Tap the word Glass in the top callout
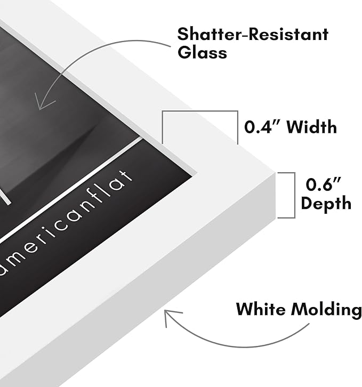pyautogui.click(x=202, y=52)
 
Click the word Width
pyautogui.click(x=312, y=127)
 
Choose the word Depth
pyautogui.click(x=326, y=204)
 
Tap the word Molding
pyautogui.click(x=326, y=310)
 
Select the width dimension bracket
pyautogui.click(x=200, y=111)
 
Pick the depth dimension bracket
pyautogui.click(x=295, y=195)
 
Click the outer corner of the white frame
pyautogui.click(x=275, y=173)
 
